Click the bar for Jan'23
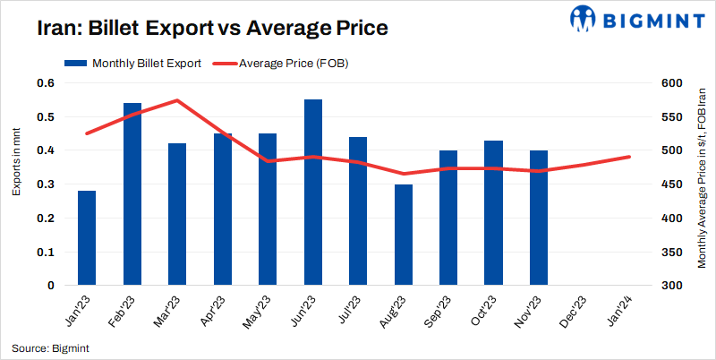click(x=87, y=238)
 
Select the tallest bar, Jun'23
click(x=313, y=193)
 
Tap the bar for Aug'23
click(x=404, y=235)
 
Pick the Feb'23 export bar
click(x=132, y=194)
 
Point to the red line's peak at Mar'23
click(x=177, y=100)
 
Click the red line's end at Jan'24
click(x=629, y=157)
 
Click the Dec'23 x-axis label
click(x=575, y=312)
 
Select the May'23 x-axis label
click(x=260, y=312)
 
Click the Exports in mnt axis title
click(x=17, y=162)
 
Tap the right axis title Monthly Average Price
click(x=702, y=184)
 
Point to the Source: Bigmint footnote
click(x=50, y=347)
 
